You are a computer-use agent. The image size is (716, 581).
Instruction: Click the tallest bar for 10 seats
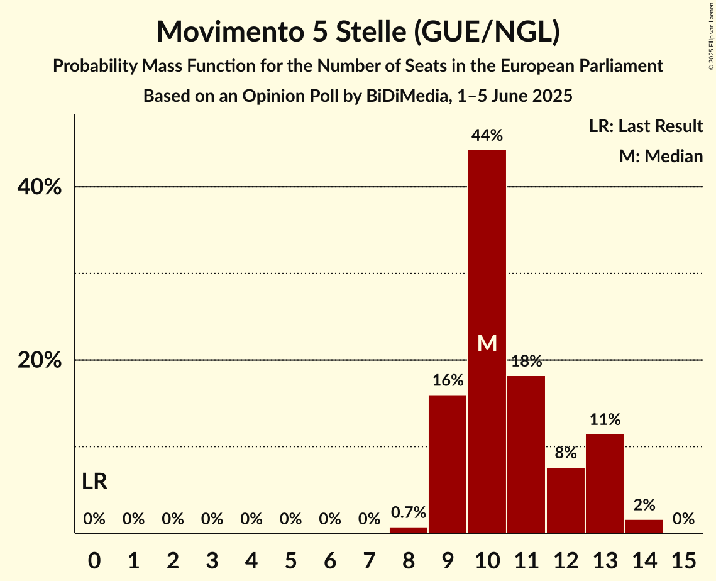pyautogui.click(x=487, y=252)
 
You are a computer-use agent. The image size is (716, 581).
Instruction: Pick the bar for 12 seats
pyautogui.click(x=565, y=500)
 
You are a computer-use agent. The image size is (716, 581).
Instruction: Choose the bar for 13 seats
pyautogui.click(x=605, y=484)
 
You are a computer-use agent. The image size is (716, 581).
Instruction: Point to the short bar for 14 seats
pyautogui.click(x=644, y=526)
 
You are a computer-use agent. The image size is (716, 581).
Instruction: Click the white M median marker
pyautogui.click(x=487, y=343)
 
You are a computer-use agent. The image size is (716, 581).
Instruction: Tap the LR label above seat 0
pyautogui.click(x=94, y=482)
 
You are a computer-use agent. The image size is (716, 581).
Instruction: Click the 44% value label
pyautogui.click(x=487, y=135)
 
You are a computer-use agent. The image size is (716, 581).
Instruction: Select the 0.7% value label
pyautogui.click(x=409, y=513)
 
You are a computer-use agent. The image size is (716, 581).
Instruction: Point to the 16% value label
pyautogui.click(x=448, y=380)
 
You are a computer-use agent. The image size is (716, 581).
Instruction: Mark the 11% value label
pyautogui.click(x=605, y=419)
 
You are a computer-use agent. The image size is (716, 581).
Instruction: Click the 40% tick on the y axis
pyautogui.click(x=42, y=187)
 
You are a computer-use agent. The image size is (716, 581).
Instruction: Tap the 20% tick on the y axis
pyautogui.click(x=42, y=360)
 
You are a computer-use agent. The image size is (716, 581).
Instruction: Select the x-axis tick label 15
pyautogui.click(x=683, y=559)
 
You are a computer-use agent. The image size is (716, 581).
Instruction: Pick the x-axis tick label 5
pyautogui.click(x=290, y=559)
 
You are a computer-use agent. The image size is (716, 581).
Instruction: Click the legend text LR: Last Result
pyautogui.click(x=646, y=126)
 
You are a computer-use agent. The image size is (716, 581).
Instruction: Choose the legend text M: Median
pyautogui.click(x=661, y=156)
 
